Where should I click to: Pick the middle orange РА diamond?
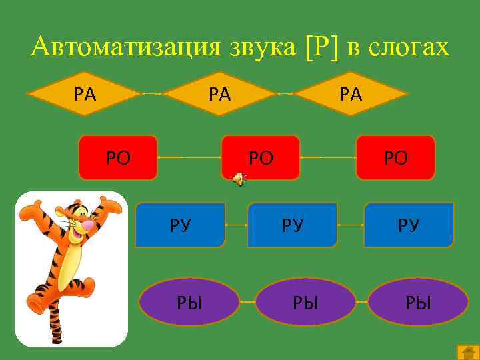pyautogui.click(x=220, y=93)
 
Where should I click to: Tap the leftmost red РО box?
pyautogui.click(x=118, y=158)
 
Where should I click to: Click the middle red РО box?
pyautogui.click(x=260, y=158)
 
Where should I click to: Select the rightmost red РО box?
pyautogui.click(x=395, y=158)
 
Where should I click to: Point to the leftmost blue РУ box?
pyautogui.click(x=180, y=225)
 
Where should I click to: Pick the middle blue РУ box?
pyautogui.click(x=292, y=225)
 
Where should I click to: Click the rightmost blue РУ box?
pyautogui.click(x=409, y=225)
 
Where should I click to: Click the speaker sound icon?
pyautogui.click(x=239, y=177)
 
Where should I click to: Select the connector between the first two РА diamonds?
pyautogui.click(x=153, y=93)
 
